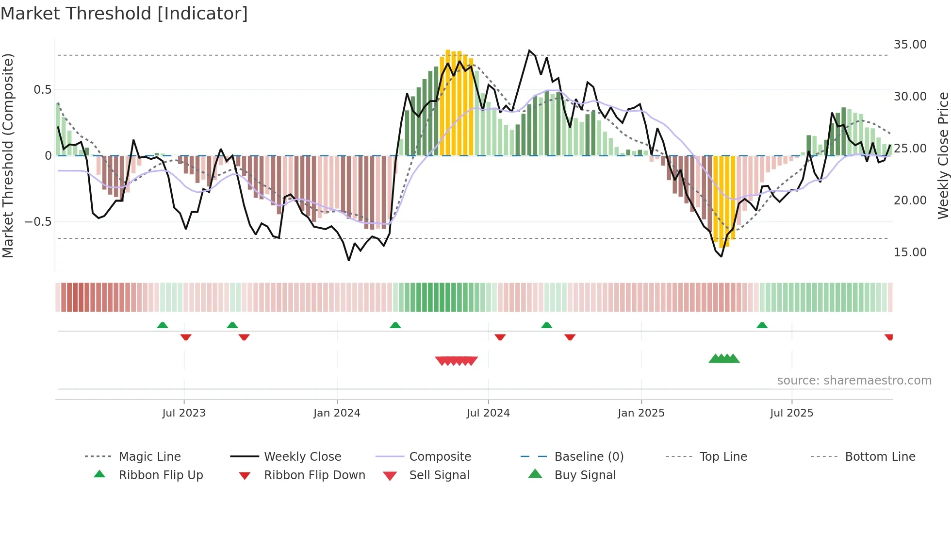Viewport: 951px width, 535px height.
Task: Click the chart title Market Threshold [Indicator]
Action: pyautogui.click(x=124, y=14)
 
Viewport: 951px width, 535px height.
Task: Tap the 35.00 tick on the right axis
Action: pyautogui.click(x=910, y=45)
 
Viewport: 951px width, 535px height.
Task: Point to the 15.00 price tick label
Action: pyautogui.click(x=910, y=252)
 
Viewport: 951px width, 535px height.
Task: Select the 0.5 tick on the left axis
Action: pyautogui.click(x=42, y=90)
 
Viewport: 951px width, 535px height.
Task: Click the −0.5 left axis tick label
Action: pyautogui.click(x=38, y=222)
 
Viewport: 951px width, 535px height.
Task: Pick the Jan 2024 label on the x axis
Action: pyautogui.click(x=337, y=413)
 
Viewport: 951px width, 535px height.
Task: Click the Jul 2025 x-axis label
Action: pyautogui.click(x=791, y=413)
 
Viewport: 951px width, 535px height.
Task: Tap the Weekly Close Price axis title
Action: pyautogui.click(x=943, y=155)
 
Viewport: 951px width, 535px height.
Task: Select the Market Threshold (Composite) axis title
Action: pyautogui.click(x=8, y=155)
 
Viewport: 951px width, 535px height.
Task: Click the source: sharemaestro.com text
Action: pyautogui.click(x=854, y=381)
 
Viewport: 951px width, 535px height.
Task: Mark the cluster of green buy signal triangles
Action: pyautogui.click(x=724, y=359)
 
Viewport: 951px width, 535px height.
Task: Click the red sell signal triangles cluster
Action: pyautogui.click(x=456, y=361)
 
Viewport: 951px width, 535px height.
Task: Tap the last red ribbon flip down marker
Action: pyautogui.click(x=888, y=337)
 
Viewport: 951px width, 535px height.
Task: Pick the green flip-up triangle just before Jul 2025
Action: pyautogui.click(x=762, y=325)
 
